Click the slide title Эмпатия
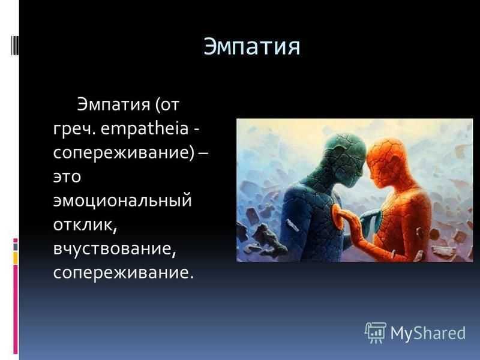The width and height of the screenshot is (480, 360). pyautogui.click(x=251, y=46)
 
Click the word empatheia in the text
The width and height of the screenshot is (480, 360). pyautogui.click(x=144, y=128)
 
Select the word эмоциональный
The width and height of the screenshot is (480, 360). pyautogui.click(x=122, y=200)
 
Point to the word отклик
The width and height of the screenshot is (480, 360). pyautogui.click(x=85, y=224)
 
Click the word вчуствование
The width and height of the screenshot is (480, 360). pyautogui.click(x=115, y=249)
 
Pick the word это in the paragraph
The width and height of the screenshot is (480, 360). pyautogui.click(x=67, y=177)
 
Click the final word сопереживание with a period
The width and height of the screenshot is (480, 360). pyautogui.click(x=124, y=273)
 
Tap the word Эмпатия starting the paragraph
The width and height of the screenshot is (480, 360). pyautogui.click(x=113, y=104)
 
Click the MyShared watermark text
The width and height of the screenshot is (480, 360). pyautogui.click(x=428, y=333)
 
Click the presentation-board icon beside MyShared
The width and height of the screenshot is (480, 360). pyautogui.click(x=376, y=333)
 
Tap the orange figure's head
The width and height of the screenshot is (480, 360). pyautogui.click(x=386, y=161)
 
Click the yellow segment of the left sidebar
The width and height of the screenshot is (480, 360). pyautogui.click(x=16, y=259)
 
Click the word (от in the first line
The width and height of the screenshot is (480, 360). pyautogui.click(x=167, y=104)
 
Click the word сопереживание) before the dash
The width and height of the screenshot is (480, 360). pyautogui.click(x=124, y=152)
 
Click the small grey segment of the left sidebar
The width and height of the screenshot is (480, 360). pyautogui.click(x=16, y=247)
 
